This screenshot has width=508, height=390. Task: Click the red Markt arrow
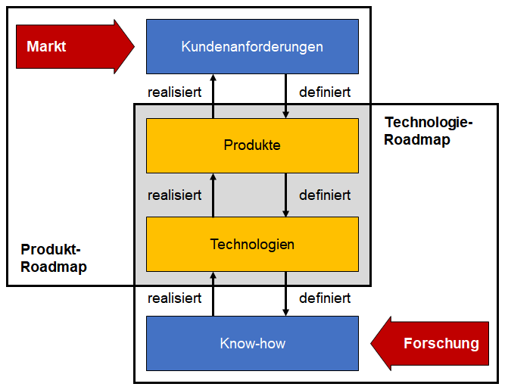(74, 46)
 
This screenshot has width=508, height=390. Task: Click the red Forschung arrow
(430, 344)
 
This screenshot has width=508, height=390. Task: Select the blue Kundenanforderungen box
(252, 47)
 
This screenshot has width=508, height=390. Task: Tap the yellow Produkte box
(252, 145)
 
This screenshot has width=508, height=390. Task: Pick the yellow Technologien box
(252, 244)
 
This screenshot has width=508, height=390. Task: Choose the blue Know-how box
(252, 343)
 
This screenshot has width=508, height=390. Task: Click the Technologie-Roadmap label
(429, 131)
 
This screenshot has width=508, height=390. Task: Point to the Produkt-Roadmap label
(54, 258)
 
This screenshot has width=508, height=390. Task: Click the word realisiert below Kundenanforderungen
(175, 92)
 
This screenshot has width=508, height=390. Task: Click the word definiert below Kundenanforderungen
(325, 92)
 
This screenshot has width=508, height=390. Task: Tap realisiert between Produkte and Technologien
(175, 195)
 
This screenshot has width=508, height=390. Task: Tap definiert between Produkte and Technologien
(325, 195)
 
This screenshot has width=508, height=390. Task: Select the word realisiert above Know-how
(175, 298)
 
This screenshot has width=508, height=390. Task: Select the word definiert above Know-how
(325, 298)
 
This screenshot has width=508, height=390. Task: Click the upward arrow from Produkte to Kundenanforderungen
(213, 96)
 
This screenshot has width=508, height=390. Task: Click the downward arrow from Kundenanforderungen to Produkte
(285, 96)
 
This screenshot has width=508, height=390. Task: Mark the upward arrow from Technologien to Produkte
(213, 195)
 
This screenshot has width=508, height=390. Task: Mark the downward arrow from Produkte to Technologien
(285, 195)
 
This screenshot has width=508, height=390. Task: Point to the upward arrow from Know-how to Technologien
(213, 294)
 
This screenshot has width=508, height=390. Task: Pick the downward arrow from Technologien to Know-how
(285, 294)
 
